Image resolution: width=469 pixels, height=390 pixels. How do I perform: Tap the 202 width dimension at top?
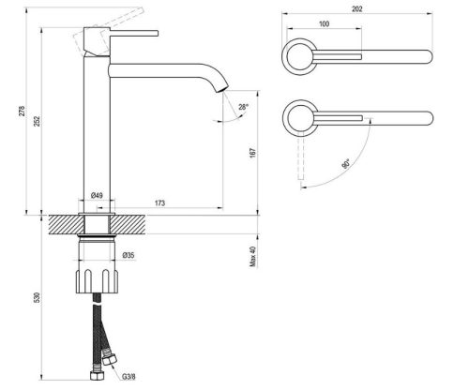point(357,9)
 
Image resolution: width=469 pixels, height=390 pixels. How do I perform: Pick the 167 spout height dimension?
point(253,155)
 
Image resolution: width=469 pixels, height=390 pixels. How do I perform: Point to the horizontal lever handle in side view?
point(126,32)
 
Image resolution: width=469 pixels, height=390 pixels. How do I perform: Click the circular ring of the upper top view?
point(299,57)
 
